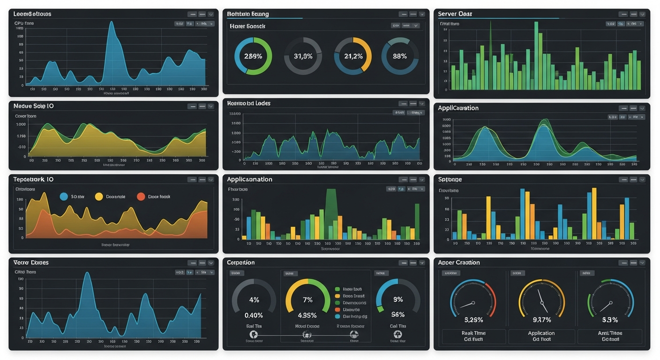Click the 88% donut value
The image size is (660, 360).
pos(400,56)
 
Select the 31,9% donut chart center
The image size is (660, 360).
pos(303,56)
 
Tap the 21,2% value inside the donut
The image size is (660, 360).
pos(353,56)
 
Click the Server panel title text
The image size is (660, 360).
pos(455,14)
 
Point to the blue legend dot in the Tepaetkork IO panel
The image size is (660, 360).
pos(64,197)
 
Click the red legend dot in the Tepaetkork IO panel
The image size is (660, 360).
pos(141,197)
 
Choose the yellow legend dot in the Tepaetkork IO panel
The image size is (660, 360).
pos(99,197)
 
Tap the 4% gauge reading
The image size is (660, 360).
pos(254,300)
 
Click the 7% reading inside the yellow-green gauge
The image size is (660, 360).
pos(307,300)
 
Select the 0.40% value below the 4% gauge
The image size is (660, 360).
pos(254,315)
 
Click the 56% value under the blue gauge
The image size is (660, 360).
pos(398,315)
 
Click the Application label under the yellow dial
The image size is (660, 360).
pos(541,333)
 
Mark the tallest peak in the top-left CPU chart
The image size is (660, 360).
pos(112,22)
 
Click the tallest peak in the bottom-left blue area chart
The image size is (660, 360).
pos(87,273)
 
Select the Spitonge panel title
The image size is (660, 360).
pos(450,180)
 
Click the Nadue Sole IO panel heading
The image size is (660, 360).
pos(34,106)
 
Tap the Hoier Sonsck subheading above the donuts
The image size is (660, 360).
pos(247,26)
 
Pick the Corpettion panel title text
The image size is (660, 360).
pos(241,262)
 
